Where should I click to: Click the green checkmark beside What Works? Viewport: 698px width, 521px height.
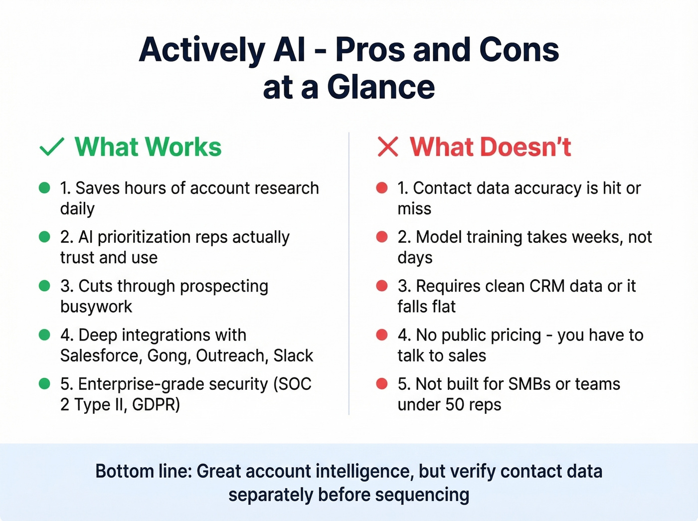tap(51, 147)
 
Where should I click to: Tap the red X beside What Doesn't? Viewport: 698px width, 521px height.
tap(388, 147)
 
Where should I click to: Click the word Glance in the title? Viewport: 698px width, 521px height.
tap(381, 87)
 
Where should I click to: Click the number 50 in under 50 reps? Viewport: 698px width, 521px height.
tap(455, 404)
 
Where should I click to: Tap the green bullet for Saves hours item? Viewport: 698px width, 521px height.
tap(44, 188)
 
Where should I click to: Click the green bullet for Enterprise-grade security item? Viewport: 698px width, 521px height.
tap(44, 384)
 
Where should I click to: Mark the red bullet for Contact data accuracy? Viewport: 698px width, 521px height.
tap(382, 188)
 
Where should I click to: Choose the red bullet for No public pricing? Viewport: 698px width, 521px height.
tap(382, 335)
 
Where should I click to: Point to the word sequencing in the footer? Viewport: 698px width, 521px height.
tap(422, 495)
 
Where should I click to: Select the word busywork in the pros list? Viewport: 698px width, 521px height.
tap(96, 307)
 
